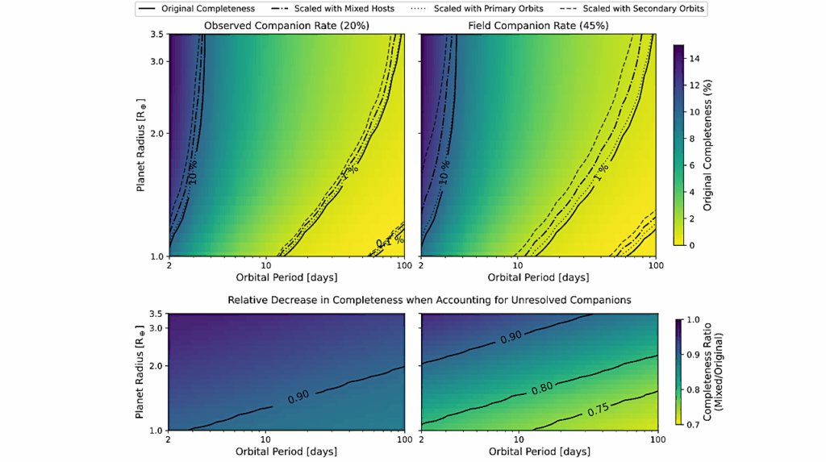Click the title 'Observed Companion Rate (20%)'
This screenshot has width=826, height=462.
[x=287, y=26]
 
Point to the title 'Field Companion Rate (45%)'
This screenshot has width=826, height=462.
[x=538, y=26]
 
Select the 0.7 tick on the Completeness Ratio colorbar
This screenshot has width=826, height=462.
[x=693, y=424]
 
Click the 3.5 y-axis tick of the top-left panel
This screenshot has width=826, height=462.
[x=156, y=35]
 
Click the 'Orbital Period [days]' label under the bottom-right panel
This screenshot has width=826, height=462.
[x=538, y=452]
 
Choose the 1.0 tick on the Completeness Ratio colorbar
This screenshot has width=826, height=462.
[x=693, y=319]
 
